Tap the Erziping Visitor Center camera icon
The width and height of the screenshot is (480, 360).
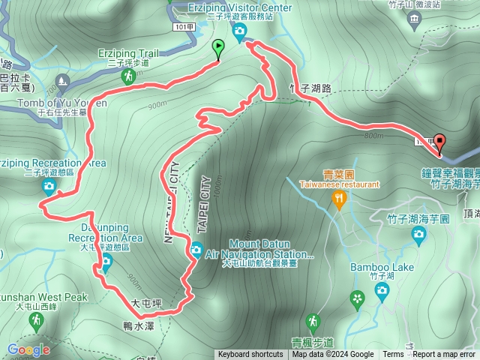239,30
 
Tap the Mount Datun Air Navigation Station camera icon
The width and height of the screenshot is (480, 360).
196,250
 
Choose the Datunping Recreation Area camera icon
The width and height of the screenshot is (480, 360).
106,261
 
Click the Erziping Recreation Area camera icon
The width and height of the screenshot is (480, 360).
49,186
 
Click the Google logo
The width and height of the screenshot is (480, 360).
28,349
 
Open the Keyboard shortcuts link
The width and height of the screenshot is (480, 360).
250,355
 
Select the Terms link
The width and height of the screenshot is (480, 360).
393,355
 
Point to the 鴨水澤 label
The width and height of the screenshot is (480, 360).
138,326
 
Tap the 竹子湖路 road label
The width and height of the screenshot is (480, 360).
310,88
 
